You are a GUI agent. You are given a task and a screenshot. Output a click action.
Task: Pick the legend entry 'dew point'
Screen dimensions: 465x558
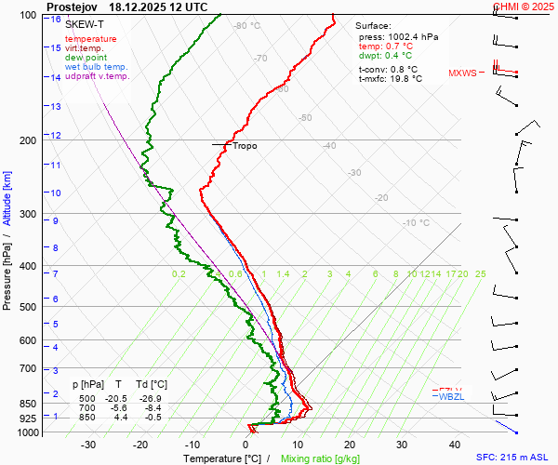tap(87, 58)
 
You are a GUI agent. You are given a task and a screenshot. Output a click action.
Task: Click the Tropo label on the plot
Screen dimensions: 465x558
tap(245, 146)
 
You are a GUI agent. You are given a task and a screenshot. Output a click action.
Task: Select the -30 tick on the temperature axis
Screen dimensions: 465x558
tap(89, 445)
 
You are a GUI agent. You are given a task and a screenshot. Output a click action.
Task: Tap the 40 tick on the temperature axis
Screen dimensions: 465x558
tap(455, 445)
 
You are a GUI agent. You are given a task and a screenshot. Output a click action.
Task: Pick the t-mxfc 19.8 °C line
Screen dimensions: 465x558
tap(391, 79)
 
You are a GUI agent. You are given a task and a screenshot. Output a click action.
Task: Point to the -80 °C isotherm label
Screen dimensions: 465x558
tap(247, 26)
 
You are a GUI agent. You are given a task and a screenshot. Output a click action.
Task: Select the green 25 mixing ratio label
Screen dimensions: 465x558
tap(480, 274)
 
